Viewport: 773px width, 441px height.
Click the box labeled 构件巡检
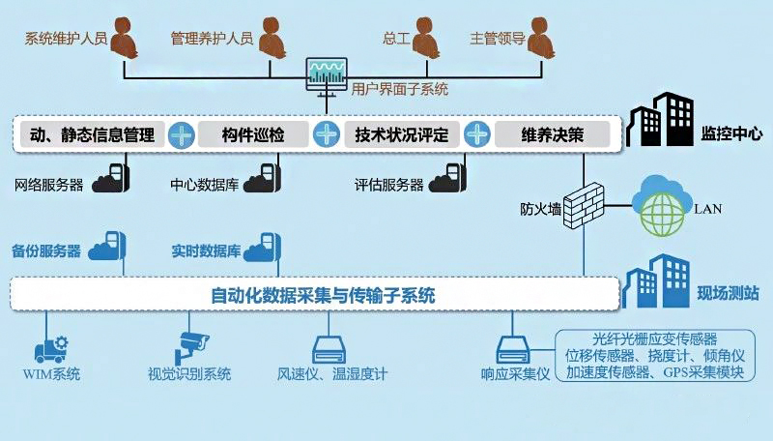click(253, 134)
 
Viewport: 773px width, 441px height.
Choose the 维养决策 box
click(553, 134)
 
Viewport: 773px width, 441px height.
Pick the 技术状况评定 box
click(401, 134)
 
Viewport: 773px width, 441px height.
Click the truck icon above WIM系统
click(50, 347)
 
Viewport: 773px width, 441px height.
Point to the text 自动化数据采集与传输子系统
click(323, 295)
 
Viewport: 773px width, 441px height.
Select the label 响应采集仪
click(514, 374)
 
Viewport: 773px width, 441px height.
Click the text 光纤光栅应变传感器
click(655, 338)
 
